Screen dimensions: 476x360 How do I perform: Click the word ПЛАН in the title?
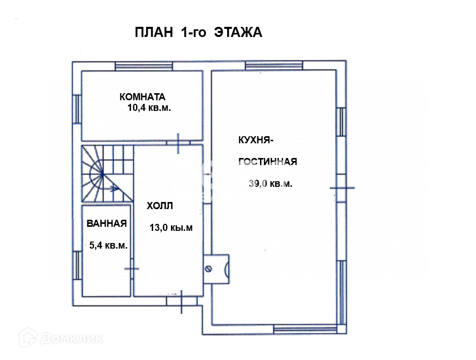(x=154, y=32)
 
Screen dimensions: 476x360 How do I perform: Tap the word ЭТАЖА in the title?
(x=238, y=32)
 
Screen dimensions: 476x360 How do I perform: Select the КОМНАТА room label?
(x=142, y=97)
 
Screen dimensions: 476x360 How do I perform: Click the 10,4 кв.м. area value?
(x=149, y=107)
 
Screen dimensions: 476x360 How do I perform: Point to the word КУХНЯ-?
(x=256, y=140)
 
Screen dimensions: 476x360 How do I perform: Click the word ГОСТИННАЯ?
(x=268, y=162)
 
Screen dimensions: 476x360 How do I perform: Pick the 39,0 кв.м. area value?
(x=271, y=183)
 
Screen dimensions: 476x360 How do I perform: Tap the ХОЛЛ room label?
(x=160, y=206)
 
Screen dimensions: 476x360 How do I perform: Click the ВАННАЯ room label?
(x=107, y=224)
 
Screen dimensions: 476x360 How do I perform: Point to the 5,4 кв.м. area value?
(x=108, y=246)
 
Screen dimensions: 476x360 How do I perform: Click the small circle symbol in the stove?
(x=208, y=268)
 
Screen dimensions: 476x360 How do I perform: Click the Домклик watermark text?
(x=72, y=338)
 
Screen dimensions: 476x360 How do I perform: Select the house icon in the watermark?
(x=28, y=337)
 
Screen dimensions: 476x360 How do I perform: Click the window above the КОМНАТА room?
(x=144, y=66)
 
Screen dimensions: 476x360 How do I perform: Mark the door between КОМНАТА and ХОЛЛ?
(x=178, y=143)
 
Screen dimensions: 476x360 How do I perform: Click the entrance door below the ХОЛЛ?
(x=182, y=301)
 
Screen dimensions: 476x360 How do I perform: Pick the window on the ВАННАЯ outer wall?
(x=77, y=265)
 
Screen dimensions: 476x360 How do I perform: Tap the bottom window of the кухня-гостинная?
(x=305, y=329)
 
